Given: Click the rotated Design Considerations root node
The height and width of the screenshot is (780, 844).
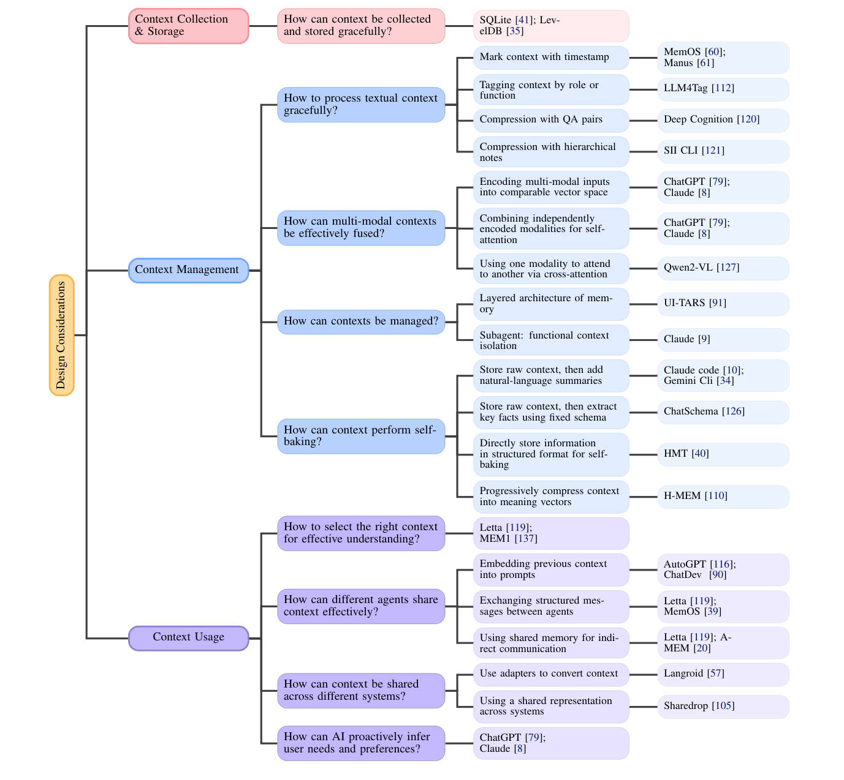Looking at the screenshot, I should (61, 335).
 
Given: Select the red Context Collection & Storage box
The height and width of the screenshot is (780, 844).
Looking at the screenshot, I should (188, 26).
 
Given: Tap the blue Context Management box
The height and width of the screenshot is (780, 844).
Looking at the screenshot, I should (188, 270).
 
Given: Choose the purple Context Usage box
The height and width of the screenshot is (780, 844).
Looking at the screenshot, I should (188, 637).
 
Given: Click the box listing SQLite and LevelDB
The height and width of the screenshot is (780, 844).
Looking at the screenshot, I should (550, 26).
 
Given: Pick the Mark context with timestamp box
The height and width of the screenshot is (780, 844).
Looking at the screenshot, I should (550, 58).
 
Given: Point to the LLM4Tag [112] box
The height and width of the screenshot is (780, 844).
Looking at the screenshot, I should (723, 89).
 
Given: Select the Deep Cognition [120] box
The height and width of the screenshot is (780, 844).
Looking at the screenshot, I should (723, 120).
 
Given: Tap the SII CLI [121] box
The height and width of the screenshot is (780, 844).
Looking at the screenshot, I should (723, 151).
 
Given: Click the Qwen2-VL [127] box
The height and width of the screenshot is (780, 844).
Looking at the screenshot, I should (723, 268).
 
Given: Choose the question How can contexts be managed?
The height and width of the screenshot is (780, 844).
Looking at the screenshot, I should (361, 321).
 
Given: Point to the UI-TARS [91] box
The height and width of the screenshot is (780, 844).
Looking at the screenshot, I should (723, 304).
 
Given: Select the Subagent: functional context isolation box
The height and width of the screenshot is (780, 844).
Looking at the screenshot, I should (550, 340).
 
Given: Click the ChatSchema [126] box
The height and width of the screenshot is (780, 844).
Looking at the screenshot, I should (723, 412).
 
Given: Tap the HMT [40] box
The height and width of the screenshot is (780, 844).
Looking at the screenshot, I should (723, 454).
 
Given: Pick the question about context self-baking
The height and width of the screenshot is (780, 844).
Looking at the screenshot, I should (361, 436).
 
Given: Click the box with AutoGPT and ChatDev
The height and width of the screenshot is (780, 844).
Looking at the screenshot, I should (723, 570).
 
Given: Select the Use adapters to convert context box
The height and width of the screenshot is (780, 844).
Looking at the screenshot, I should (550, 674).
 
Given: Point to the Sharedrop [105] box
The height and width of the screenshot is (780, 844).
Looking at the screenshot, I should (723, 707).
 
